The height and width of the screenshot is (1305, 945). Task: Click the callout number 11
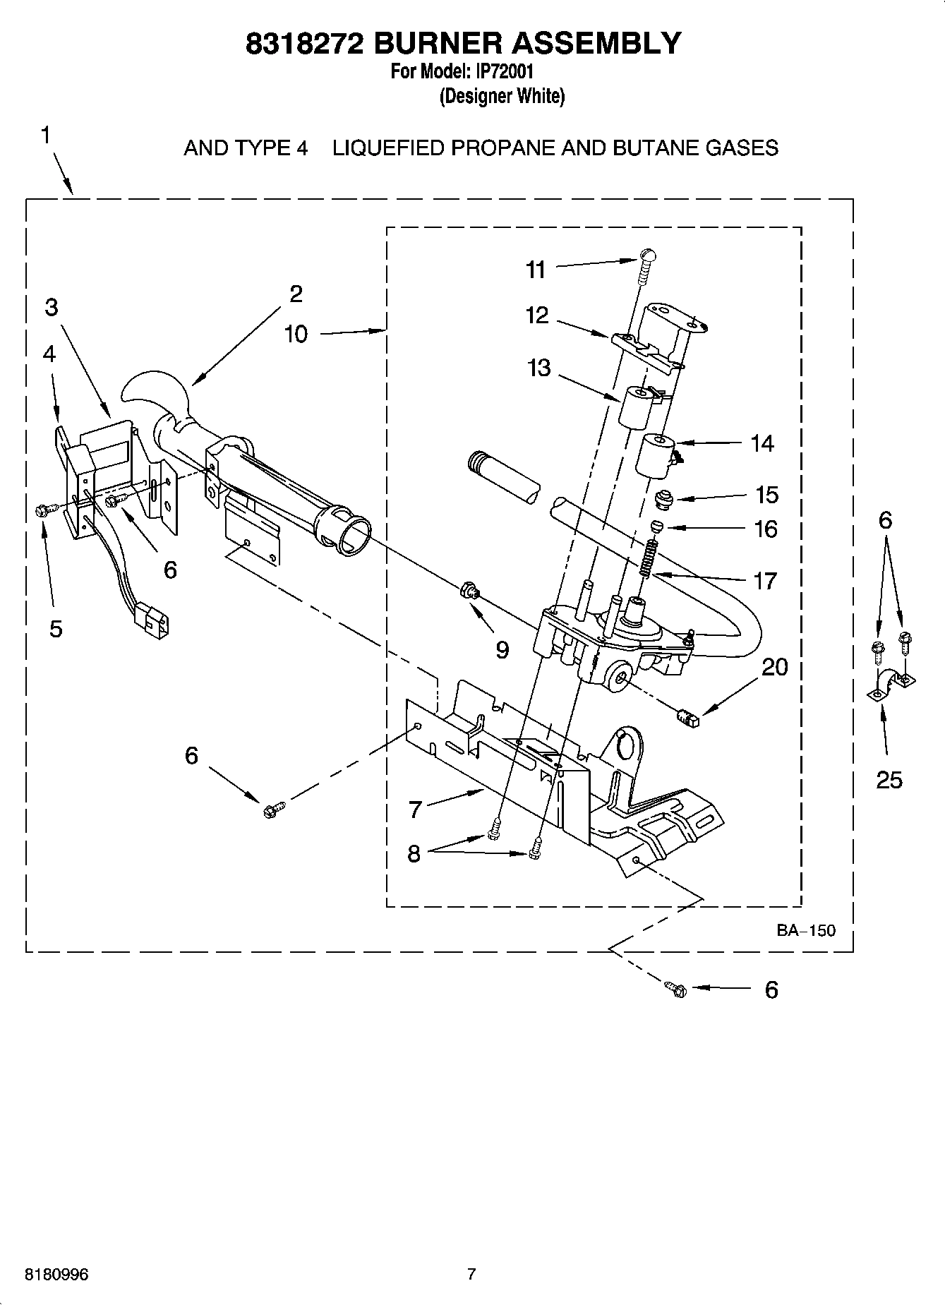click(x=536, y=270)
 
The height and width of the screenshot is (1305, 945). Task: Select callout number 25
click(x=889, y=780)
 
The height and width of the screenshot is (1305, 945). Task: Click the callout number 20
click(x=775, y=667)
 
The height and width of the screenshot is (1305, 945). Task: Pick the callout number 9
click(x=502, y=649)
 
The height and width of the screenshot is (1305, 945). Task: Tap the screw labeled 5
click(x=41, y=510)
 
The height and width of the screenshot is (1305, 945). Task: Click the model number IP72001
click(x=504, y=71)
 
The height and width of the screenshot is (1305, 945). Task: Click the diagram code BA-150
click(x=806, y=930)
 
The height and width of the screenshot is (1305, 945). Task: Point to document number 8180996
click(x=56, y=1275)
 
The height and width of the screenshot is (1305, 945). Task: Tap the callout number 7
click(x=415, y=809)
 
